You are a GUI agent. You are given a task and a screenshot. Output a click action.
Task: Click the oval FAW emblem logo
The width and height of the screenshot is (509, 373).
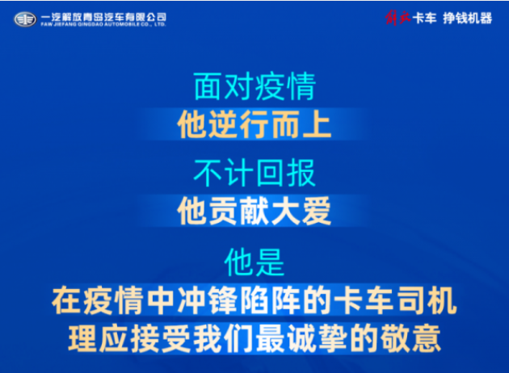point(25,19)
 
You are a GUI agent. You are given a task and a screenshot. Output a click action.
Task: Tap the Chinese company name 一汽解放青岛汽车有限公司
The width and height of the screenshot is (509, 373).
point(103,17)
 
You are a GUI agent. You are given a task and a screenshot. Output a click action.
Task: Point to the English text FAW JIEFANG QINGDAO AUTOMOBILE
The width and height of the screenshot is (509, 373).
point(90,24)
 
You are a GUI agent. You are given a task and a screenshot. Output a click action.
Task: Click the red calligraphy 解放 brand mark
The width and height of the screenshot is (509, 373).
point(398,18)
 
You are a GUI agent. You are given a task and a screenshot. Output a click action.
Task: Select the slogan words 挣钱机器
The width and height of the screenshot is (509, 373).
point(468,18)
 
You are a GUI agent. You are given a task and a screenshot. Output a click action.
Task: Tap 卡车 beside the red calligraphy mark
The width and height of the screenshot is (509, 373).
point(425,18)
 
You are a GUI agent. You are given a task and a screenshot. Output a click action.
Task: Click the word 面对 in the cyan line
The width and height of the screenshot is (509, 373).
point(223,86)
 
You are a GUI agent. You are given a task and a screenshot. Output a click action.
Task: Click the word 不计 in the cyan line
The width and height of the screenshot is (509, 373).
point(223,173)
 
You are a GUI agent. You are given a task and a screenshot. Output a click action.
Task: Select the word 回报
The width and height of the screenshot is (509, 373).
point(285,173)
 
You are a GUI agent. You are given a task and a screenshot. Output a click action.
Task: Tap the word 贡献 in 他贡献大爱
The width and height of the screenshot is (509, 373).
point(238,211)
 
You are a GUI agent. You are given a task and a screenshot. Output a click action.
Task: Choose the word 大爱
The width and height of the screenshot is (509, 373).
point(301,211)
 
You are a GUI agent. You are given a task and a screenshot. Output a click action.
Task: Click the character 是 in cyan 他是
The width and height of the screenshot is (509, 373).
point(270,262)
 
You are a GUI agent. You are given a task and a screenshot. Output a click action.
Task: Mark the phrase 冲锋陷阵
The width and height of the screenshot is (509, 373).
point(238,300)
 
